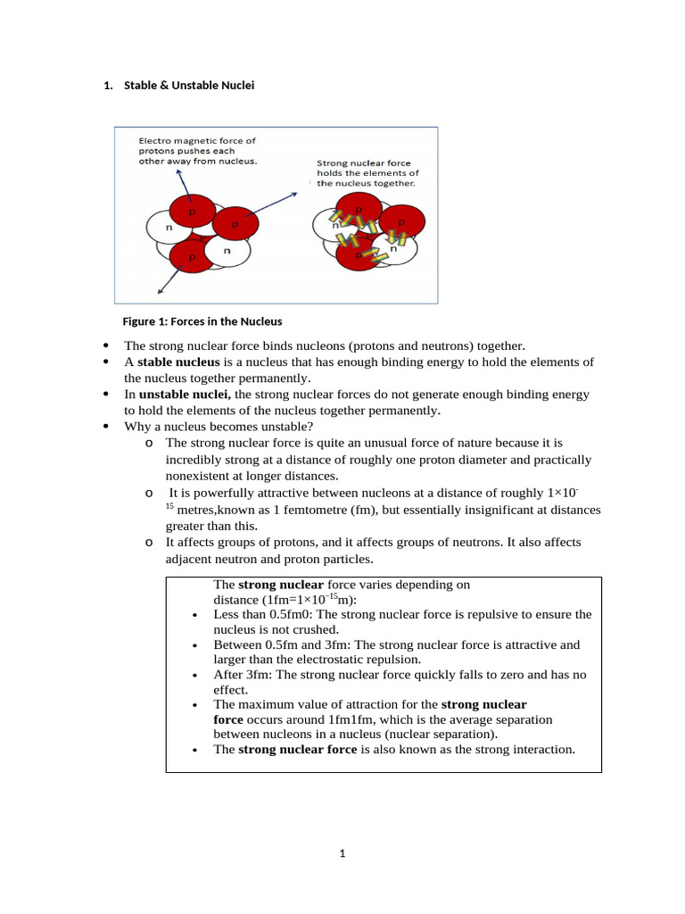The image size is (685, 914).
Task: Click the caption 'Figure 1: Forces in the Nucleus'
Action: coord(202,321)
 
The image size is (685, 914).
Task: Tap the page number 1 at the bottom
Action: coord(342,853)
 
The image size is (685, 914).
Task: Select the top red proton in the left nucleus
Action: coord(191,212)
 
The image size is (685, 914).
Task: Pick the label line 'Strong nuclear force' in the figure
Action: coord(364,163)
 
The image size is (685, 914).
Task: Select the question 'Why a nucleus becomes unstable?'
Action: coord(219,427)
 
